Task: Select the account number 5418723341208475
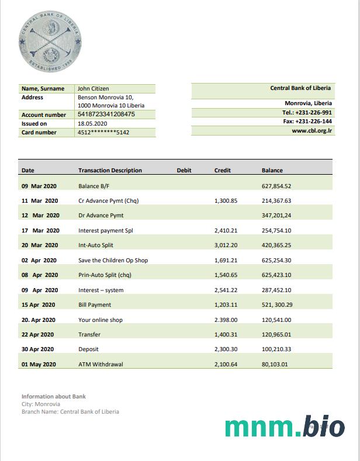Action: pos(106,115)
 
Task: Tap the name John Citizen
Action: pos(94,88)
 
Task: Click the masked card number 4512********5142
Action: pos(103,133)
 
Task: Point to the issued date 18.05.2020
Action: pos(92,124)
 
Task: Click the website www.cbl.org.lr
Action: pos(312,131)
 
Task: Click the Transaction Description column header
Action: pos(110,171)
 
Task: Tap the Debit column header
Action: pos(184,171)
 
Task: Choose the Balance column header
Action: pos(272,171)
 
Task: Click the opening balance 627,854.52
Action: pos(276,186)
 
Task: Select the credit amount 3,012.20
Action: pos(226,245)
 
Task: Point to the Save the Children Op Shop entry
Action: pos(113,260)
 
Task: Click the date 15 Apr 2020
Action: pos(38,305)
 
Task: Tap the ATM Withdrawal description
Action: pos(101,365)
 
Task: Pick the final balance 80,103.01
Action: pos(275,365)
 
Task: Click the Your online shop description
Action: pos(101,320)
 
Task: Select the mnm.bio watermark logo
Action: pos(285,427)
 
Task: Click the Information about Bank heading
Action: pos(54,396)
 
